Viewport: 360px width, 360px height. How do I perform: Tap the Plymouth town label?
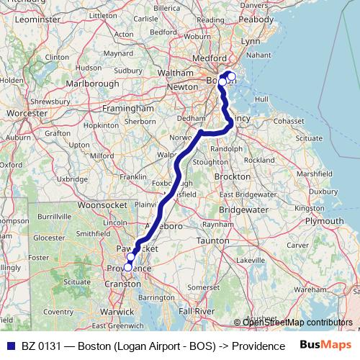click(323, 221)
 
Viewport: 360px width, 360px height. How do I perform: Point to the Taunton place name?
click(212, 240)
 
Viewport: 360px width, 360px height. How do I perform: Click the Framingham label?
click(129, 108)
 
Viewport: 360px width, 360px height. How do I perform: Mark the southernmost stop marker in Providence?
click(127, 266)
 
